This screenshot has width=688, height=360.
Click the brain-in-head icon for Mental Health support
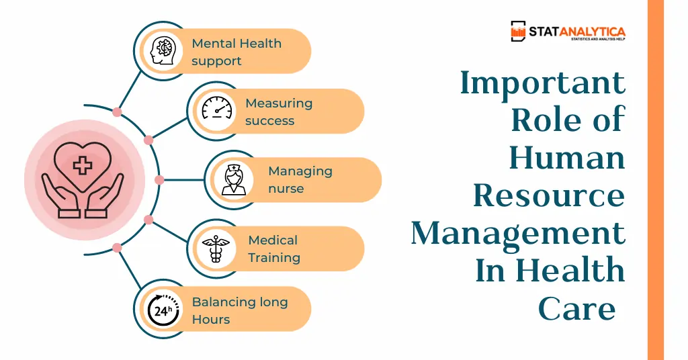click(163, 51)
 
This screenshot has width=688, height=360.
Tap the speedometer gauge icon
click(217, 108)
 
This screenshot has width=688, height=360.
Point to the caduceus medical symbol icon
click(216, 249)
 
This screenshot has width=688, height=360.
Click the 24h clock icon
click(163, 310)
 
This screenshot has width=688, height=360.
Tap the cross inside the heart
click(83, 166)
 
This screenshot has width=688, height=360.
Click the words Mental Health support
click(236, 52)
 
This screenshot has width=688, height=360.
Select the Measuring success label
click(279, 111)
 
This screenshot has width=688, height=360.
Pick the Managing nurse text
click(300, 180)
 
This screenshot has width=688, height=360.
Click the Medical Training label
click(274, 249)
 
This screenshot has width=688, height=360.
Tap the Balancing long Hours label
click(240, 310)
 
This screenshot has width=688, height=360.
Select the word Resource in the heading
click(549, 195)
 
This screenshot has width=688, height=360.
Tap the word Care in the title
click(577, 309)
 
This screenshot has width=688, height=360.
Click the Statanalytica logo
click(568, 31)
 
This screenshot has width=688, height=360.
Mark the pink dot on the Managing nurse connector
click(159, 180)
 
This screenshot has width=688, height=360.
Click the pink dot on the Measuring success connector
click(148, 140)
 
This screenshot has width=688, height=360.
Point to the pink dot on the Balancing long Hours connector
click(117, 249)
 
